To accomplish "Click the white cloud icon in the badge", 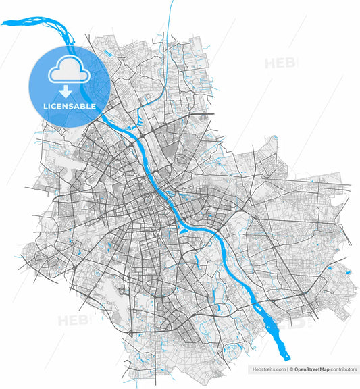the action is click(69, 68).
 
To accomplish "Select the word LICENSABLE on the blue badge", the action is click(69, 106).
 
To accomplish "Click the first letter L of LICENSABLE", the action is click(44, 106).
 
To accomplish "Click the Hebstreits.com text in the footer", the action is click(269, 370).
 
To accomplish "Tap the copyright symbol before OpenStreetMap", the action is click(292, 370).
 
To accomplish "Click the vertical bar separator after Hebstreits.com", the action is click(286, 370).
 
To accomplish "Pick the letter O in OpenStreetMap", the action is click(297, 370).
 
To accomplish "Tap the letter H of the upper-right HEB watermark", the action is click(269, 63).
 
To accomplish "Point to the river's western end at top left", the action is click(3, 23).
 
